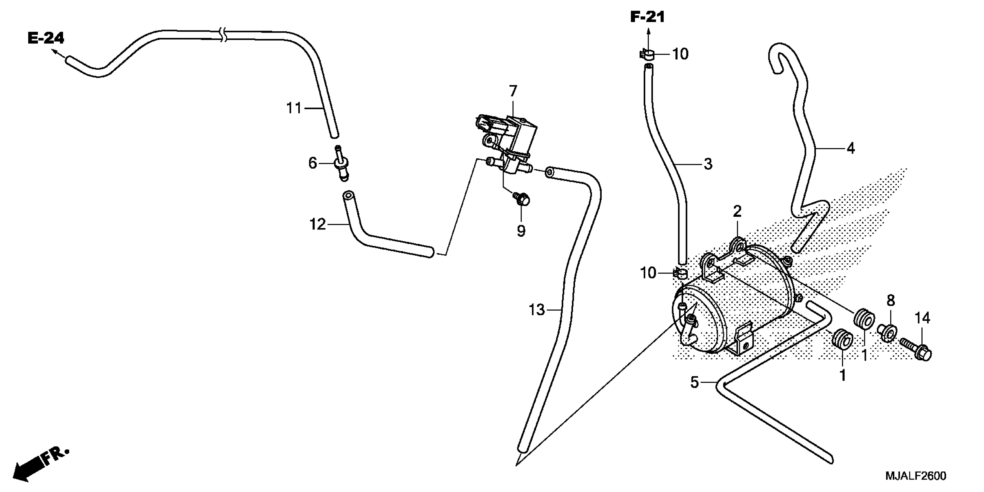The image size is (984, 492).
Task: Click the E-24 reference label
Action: [x=46, y=38]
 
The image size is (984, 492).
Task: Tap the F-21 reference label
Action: [x=647, y=17]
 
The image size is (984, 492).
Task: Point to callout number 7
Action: [x=513, y=91]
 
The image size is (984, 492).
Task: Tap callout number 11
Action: [x=294, y=109]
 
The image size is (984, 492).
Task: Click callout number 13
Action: [x=537, y=310]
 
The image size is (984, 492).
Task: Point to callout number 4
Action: [x=850, y=148]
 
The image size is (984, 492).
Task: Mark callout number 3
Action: [x=708, y=164]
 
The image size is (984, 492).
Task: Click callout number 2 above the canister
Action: [x=737, y=211]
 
